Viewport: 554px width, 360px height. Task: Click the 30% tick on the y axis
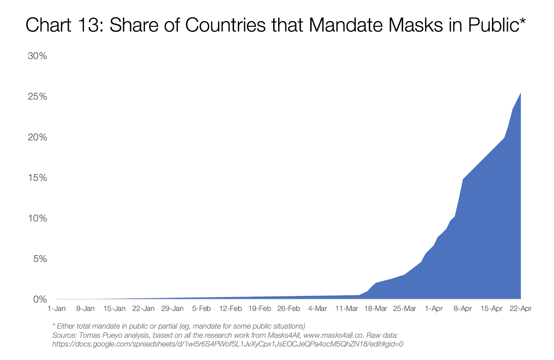click(x=37, y=56)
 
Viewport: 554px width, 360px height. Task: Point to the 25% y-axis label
click(x=37, y=97)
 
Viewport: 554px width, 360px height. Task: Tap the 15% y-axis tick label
click(x=37, y=178)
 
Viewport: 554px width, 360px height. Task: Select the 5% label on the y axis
click(x=40, y=259)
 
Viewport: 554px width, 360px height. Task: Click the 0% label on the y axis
click(x=40, y=299)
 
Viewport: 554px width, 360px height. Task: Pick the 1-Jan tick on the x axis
click(x=56, y=308)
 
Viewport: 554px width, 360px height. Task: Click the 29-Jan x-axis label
click(x=172, y=308)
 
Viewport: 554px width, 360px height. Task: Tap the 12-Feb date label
click(x=231, y=308)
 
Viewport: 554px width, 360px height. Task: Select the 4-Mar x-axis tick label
click(x=318, y=308)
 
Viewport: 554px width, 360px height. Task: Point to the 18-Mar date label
click(x=376, y=308)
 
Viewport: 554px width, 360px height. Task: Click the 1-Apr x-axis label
click(x=434, y=308)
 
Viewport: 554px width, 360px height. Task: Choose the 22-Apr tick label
click(x=521, y=308)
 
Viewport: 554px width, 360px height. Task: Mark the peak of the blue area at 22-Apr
click(x=520, y=93)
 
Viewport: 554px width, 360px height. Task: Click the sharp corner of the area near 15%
click(x=463, y=179)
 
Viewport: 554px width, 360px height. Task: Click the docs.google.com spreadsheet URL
click(x=227, y=344)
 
